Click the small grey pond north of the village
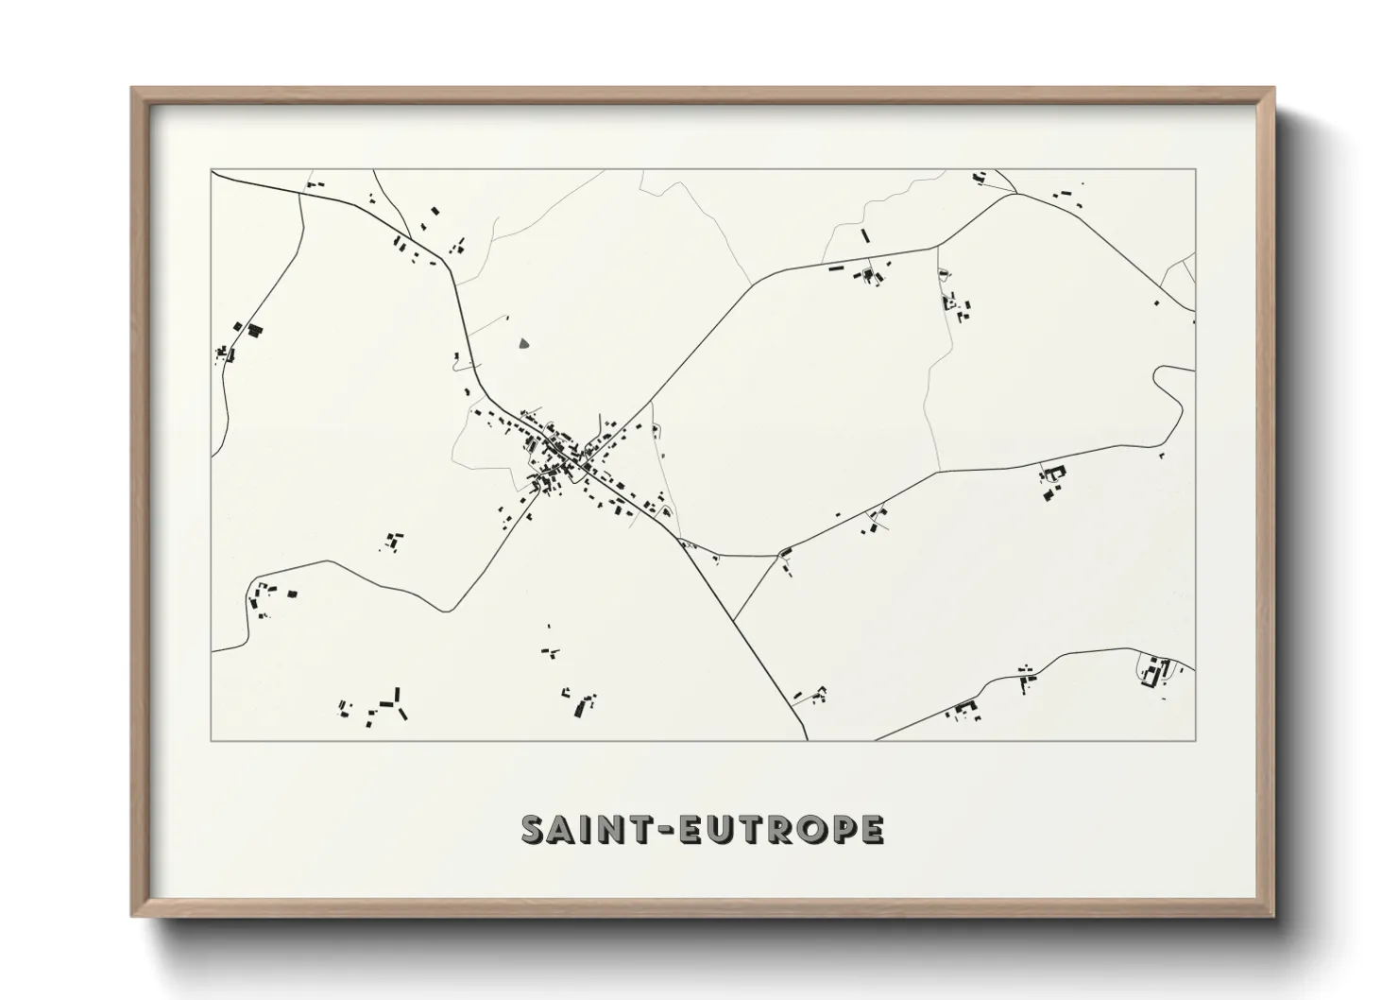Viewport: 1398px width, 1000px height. [x=524, y=344]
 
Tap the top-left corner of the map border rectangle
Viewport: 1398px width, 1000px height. [x=212, y=170]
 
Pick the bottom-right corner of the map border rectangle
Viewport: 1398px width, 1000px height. [x=1196, y=740]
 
